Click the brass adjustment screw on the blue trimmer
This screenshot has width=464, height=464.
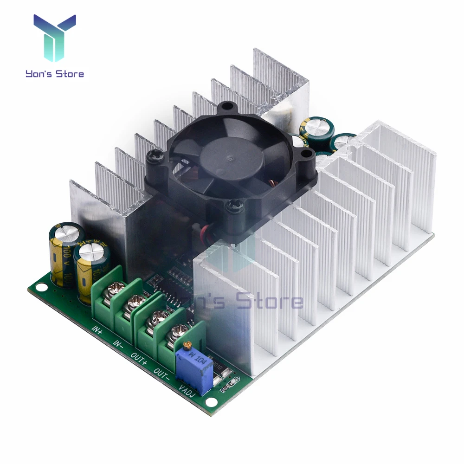(x=187, y=345)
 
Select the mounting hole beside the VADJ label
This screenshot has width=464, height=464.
(x=211, y=403)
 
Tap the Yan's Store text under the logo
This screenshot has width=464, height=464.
(x=55, y=73)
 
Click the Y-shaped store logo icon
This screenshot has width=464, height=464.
(x=55, y=37)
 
